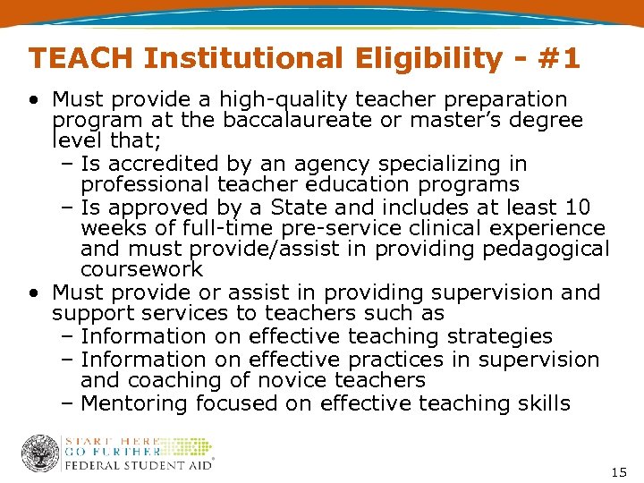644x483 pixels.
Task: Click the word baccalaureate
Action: tap(298, 120)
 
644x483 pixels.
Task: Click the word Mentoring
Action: tap(135, 403)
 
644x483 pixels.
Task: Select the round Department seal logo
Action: tap(40, 453)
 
